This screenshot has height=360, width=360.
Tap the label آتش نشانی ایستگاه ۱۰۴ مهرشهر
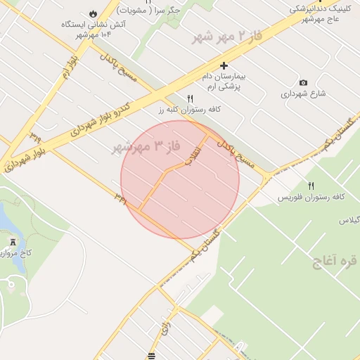pos(86,29)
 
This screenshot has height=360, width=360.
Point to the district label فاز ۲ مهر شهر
pos(224,36)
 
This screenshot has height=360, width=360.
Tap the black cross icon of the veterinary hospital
pos(224,65)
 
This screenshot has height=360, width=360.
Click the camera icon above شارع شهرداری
pos(303,82)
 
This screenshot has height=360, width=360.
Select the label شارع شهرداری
pos(304,94)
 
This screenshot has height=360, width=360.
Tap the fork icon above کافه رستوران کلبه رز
pos(189,98)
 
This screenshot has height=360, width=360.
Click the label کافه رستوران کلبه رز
pos(189,110)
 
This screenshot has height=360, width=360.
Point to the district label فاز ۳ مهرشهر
pos(146,147)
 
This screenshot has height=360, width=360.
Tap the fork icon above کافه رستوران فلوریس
pos(311,186)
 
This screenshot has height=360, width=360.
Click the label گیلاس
pos(349,220)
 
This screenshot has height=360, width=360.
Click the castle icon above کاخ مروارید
pos(11,241)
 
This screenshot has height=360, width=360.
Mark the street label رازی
pos(166,326)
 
